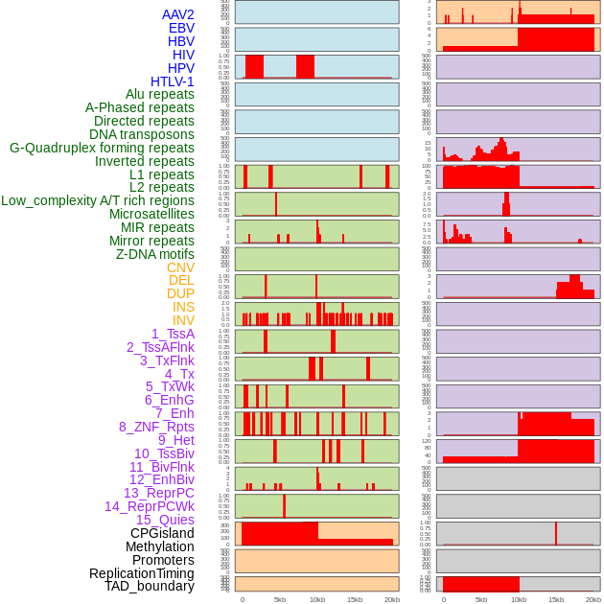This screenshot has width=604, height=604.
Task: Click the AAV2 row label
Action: [178, 14]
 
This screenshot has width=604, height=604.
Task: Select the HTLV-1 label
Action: [172, 81]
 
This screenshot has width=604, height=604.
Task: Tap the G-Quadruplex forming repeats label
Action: [102, 148]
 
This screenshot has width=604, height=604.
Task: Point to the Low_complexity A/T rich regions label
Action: [98, 200]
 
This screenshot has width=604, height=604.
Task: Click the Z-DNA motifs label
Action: [155, 254]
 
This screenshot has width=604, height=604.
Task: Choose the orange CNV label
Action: [180, 267]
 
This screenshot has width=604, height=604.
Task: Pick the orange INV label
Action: [183, 320]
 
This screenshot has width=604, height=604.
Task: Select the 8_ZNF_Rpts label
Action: [156, 427]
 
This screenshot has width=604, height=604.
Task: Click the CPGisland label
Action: [162, 533]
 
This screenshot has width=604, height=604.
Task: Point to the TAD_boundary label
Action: [150, 586]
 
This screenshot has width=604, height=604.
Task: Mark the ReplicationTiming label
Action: [142, 573]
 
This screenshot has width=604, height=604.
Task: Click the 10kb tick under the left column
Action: [317, 599]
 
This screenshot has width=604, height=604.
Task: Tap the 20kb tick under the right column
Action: [593, 599]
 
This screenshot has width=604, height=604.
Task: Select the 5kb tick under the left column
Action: [280, 599]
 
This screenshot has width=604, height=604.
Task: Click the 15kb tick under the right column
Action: [556, 599]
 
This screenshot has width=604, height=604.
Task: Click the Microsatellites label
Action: [151, 214]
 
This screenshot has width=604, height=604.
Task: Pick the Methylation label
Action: [160, 546]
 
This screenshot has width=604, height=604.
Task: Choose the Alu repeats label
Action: [160, 94]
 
